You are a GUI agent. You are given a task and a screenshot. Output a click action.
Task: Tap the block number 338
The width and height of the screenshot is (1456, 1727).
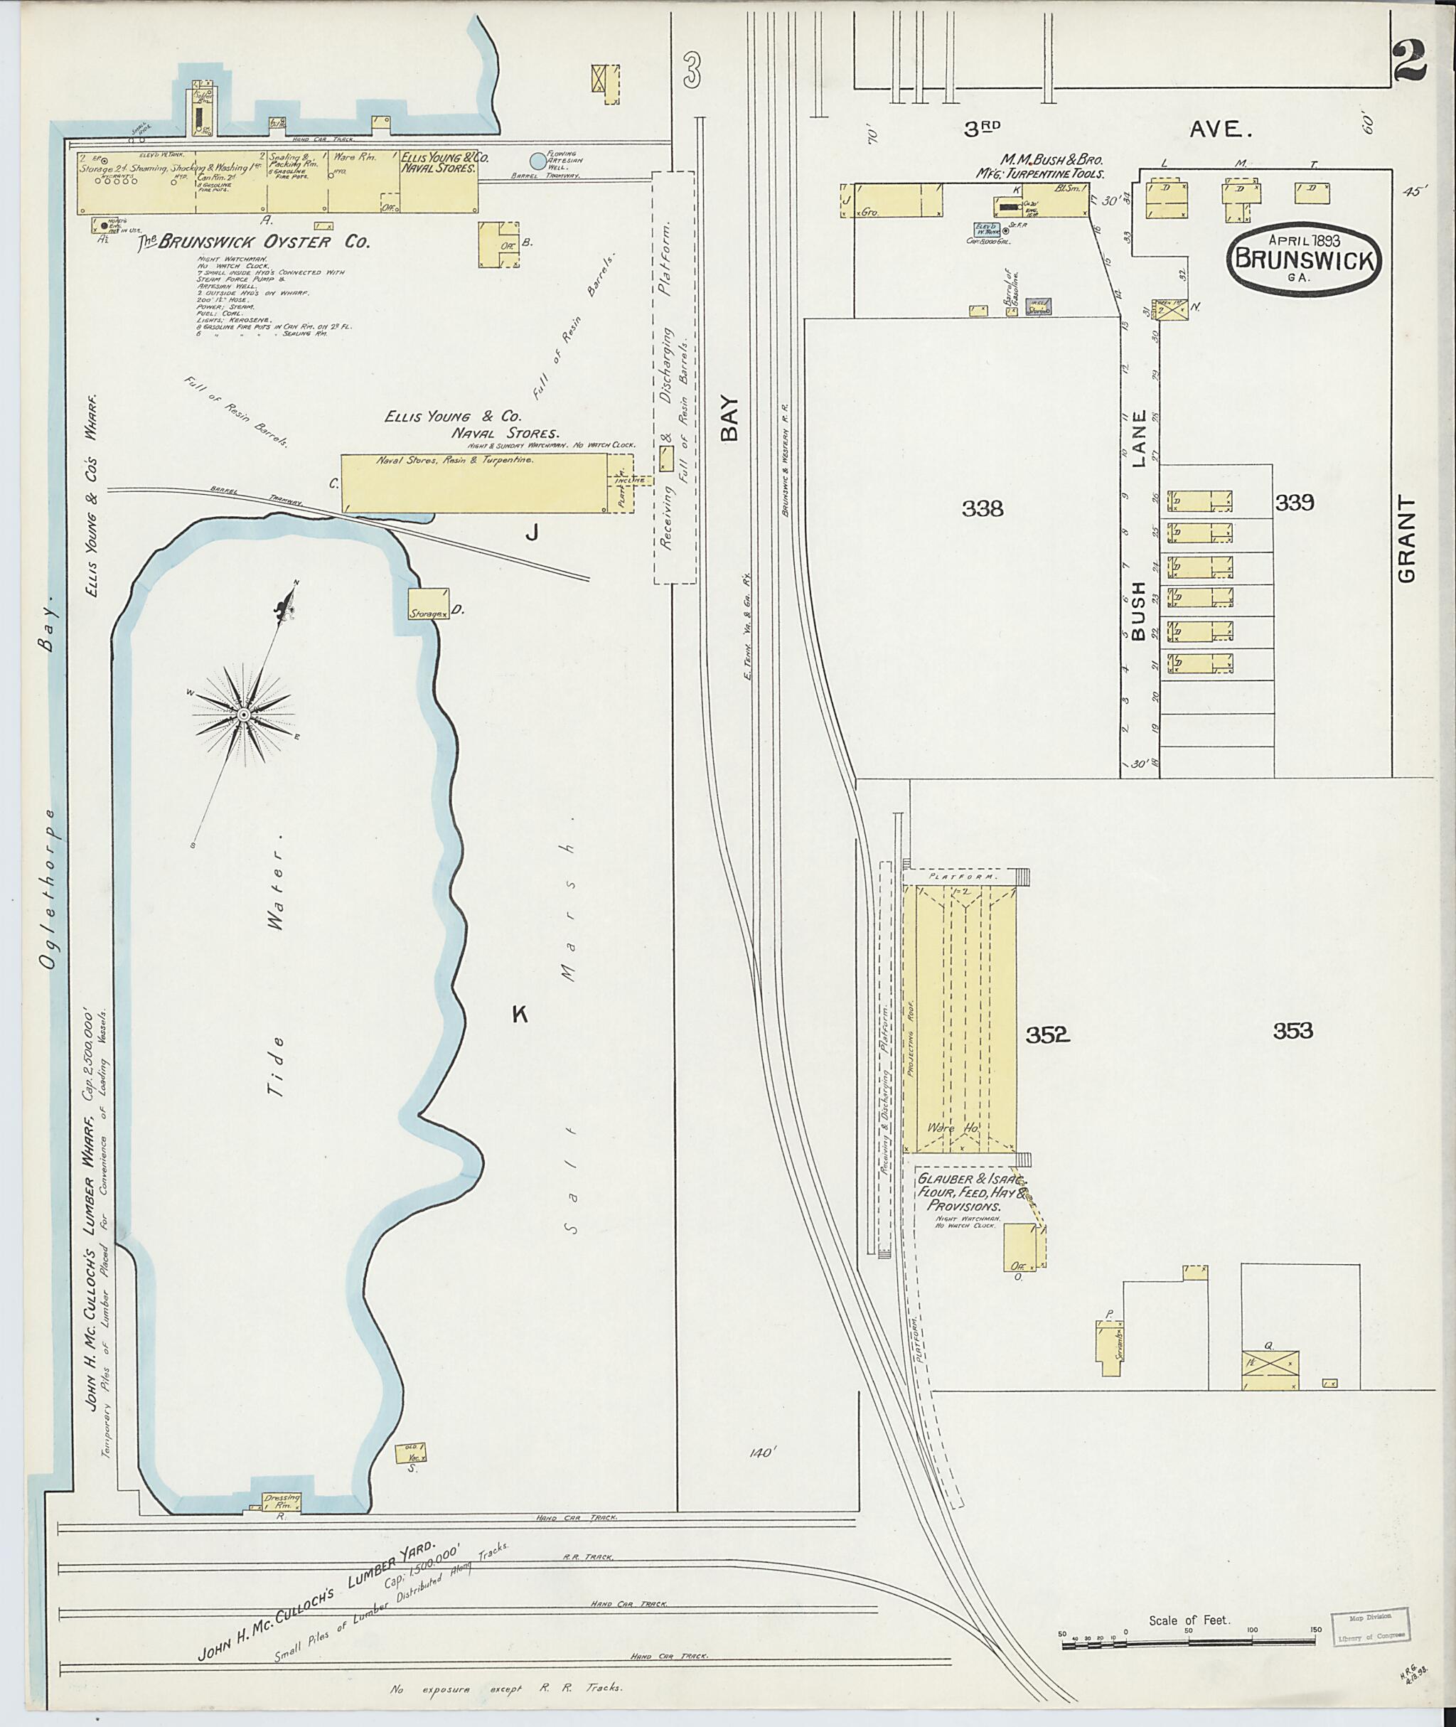coord(983,508)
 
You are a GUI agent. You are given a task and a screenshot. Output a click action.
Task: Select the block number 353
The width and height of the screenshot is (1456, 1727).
coord(1292,1030)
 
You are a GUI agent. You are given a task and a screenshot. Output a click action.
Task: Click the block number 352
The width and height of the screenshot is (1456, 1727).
coord(1047,1034)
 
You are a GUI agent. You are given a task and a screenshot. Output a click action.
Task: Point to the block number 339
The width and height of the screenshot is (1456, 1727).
coord(1293,502)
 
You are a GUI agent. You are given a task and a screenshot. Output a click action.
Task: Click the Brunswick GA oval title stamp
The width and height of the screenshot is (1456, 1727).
coord(1303,257)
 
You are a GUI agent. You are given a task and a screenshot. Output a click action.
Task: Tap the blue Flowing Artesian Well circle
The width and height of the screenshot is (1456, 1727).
coord(537,161)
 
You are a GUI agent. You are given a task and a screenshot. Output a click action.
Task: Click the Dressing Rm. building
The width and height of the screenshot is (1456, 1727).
coord(282,1501)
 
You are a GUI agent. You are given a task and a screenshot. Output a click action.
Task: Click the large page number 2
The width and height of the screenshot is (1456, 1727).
coord(1410,63)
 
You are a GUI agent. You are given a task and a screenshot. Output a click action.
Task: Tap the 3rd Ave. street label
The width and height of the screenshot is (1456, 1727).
coord(1106,129)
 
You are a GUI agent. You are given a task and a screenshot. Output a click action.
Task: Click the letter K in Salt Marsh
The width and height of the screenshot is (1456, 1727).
coord(519,1015)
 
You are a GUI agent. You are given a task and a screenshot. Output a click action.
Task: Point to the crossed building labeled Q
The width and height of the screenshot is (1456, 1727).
coord(1270,1370)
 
